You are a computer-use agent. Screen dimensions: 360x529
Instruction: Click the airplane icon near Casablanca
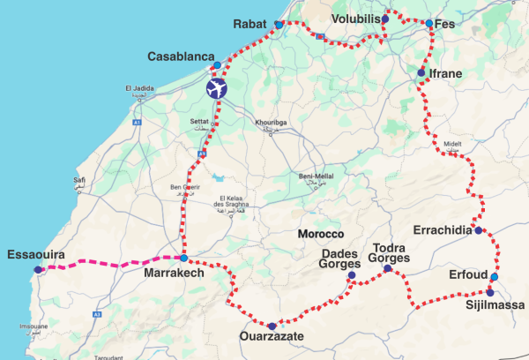[x=216, y=89]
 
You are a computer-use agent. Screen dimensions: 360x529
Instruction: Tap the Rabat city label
[x=249, y=24]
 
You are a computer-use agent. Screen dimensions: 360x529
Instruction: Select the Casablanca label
[x=180, y=56]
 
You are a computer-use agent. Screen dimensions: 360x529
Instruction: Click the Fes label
[x=446, y=24]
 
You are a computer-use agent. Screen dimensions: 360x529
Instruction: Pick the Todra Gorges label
[x=390, y=254]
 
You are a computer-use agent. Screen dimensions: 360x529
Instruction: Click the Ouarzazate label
[x=272, y=337]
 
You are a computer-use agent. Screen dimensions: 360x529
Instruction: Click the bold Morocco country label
[x=320, y=235]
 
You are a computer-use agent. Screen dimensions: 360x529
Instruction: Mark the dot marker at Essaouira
[x=37, y=270]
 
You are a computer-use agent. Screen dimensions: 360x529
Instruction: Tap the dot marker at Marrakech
[x=183, y=259]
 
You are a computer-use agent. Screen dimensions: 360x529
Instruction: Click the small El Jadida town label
[x=143, y=88]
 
